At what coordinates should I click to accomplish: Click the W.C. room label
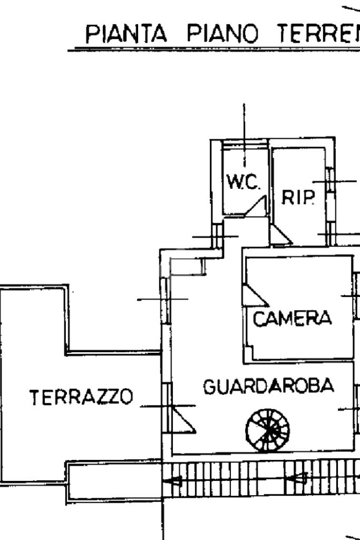(x=243, y=182)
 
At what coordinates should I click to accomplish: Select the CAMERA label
(x=293, y=319)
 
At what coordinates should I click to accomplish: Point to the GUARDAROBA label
(x=268, y=387)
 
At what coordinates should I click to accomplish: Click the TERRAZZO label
(x=81, y=397)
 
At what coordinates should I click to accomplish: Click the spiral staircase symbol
(x=268, y=431)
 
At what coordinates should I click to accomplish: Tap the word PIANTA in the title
(x=127, y=35)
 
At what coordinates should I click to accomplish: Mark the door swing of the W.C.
(x=257, y=206)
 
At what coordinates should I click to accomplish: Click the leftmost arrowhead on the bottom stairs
(x=173, y=480)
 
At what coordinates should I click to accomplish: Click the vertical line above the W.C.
(x=244, y=132)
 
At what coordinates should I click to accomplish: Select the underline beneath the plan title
(x=211, y=50)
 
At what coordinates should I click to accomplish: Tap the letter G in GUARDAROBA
(x=209, y=387)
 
